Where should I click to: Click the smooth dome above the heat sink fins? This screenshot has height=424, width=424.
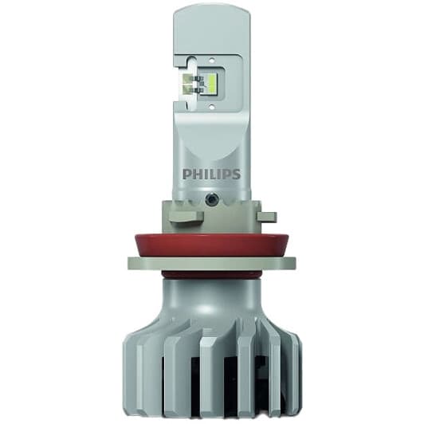(211, 303)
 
